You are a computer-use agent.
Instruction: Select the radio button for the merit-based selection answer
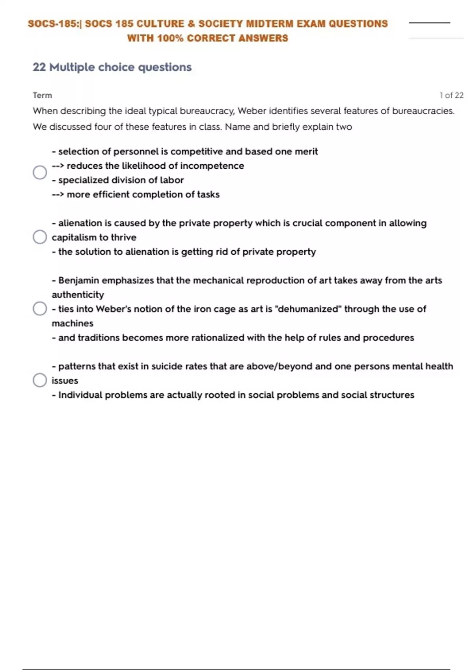pyautogui.click(x=40, y=173)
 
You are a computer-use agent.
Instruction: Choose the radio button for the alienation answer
pyautogui.click(x=40, y=237)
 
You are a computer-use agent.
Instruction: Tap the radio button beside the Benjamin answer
pyautogui.click(x=40, y=309)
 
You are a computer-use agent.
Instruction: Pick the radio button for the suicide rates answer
pyautogui.click(x=40, y=380)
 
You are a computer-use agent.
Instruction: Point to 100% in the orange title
pyautogui.click(x=170, y=39)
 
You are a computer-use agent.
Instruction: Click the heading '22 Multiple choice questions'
pyautogui.click(x=112, y=67)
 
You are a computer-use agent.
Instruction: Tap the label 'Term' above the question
pyautogui.click(x=42, y=95)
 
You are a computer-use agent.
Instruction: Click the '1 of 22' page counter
pyautogui.click(x=451, y=95)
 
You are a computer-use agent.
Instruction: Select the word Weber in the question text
pyautogui.click(x=251, y=111)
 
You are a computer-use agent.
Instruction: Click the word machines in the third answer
pyautogui.click(x=73, y=324)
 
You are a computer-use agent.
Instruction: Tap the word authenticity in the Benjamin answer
pyautogui.click(x=78, y=295)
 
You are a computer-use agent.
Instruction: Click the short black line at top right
pyautogui.click(x=429, y=23)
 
